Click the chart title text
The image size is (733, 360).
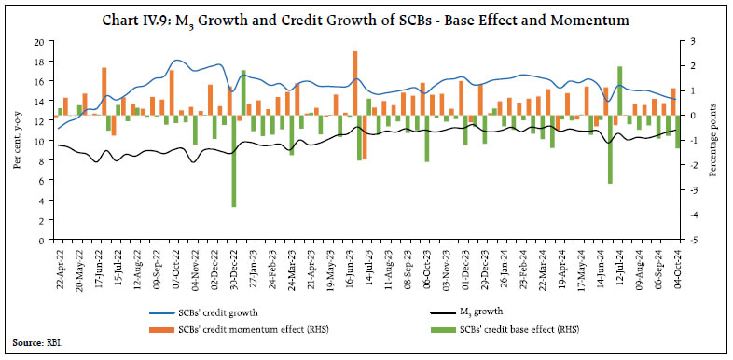[x=366, y=19]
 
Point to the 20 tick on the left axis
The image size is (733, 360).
[x=38, y=42]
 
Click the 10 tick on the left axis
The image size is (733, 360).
[x=38, y=141]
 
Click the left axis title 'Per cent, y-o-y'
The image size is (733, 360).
[x=17, y=140]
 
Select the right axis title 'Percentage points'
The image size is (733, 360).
[x=712, y=140]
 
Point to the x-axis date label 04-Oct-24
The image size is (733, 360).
[x=678, y=269]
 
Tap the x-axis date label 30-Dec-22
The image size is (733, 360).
[x=233, y=269]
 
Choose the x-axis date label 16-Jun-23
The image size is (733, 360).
[x=355, y=269]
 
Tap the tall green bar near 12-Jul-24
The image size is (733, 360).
[x=620, y=90]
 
